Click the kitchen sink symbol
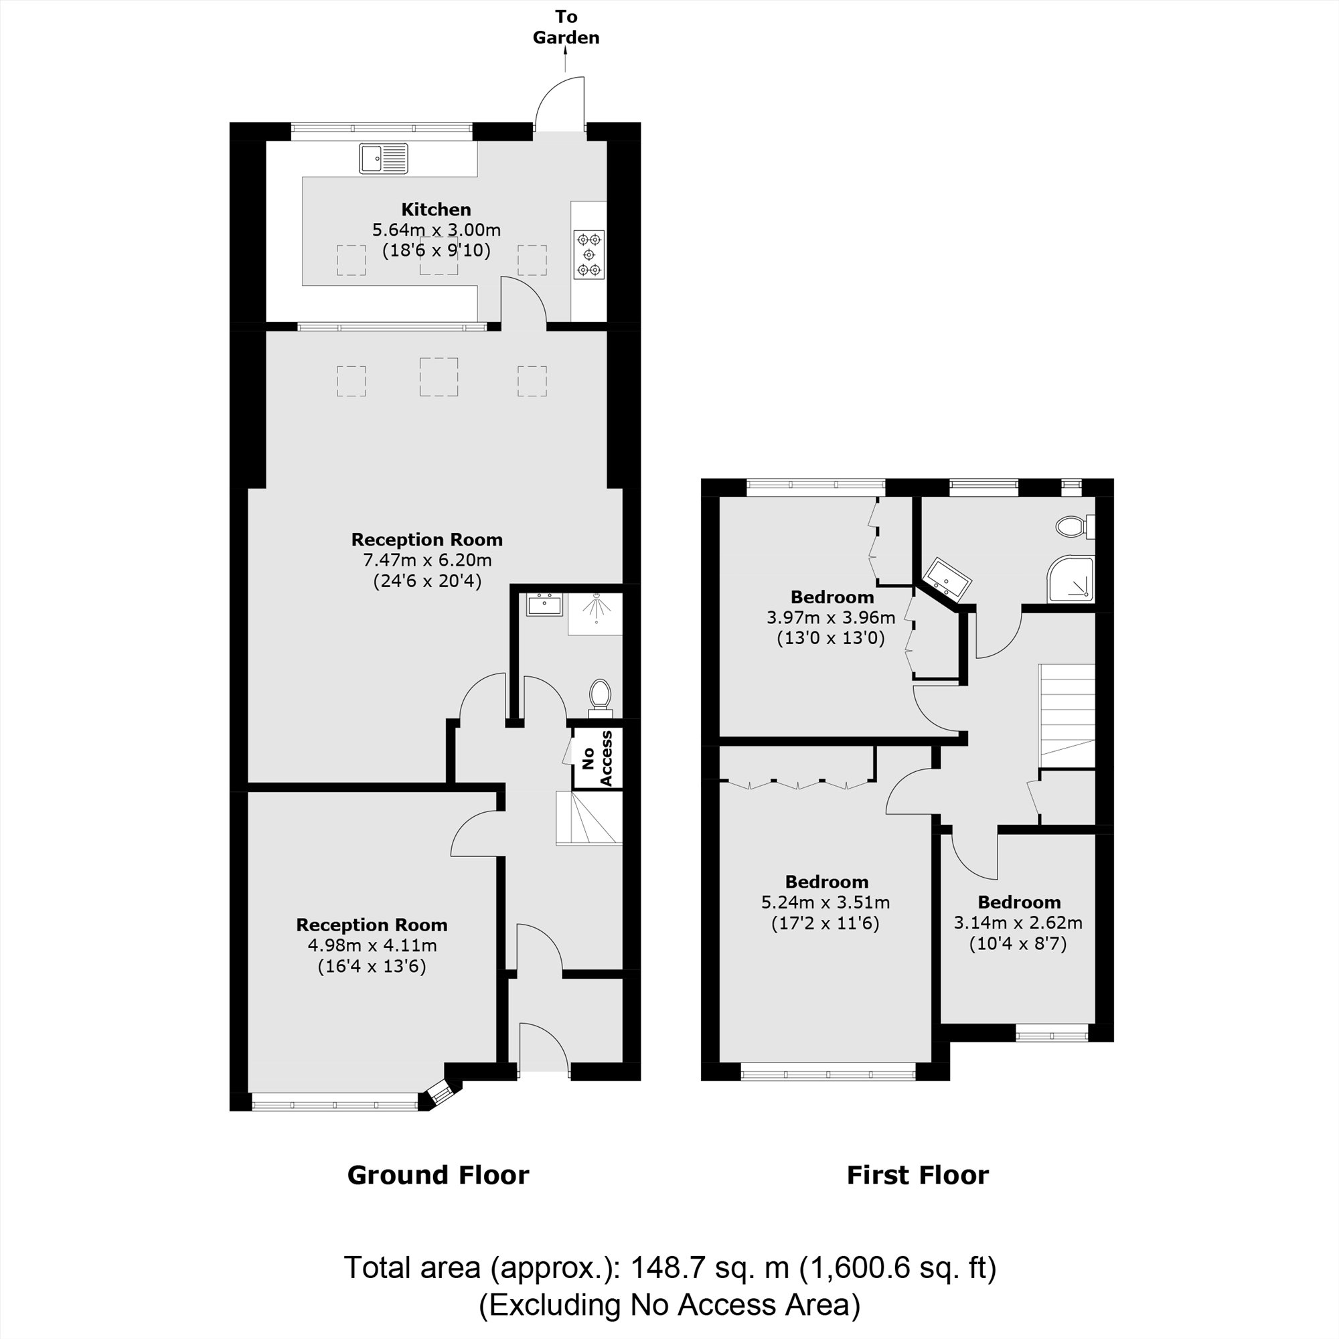point(383,158)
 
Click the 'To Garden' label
point(566,27)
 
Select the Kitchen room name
point(436,210)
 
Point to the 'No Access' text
point(597,759)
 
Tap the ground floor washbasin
point(544,605)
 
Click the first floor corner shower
point(1071,578)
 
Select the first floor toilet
point(1073,527)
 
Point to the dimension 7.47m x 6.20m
point(427,560)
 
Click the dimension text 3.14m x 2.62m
point(1018,923)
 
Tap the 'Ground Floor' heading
point(438,1175)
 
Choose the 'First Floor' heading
point(918,1175)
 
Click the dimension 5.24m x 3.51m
point(825,902)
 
